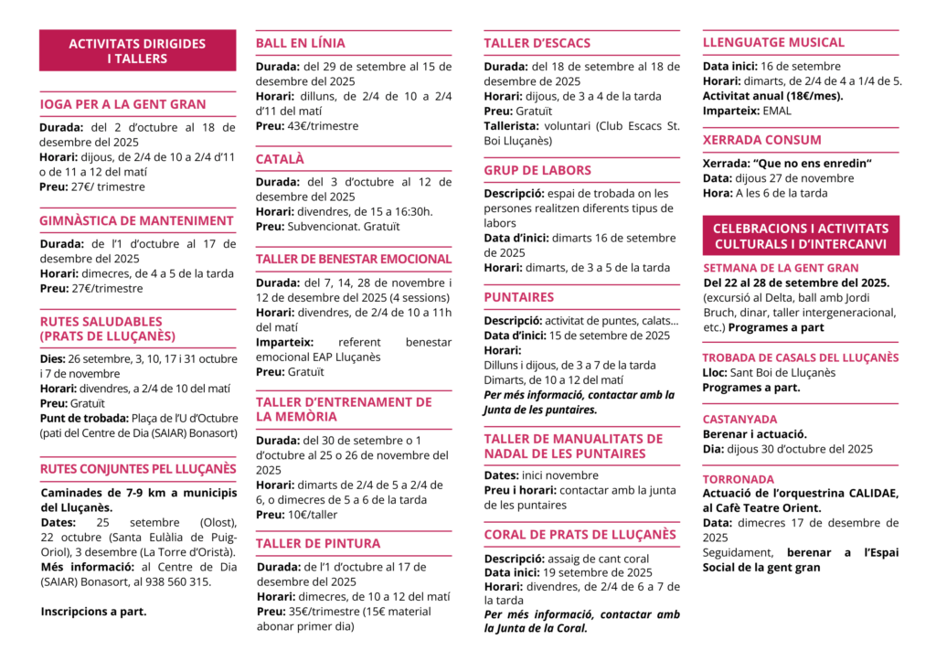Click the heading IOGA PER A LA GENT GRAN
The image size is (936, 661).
coord(122,104)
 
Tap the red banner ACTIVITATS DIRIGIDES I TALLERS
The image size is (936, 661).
coord(137,51)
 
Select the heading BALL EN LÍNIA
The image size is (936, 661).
coord(300,43)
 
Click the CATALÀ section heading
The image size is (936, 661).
coord(280,159)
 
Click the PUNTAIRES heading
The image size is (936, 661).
coord(518,297)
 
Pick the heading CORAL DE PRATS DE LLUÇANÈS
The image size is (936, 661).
coord(580,535)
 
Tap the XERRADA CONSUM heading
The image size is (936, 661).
coord(761,140)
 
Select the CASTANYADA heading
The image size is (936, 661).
coord(739,419)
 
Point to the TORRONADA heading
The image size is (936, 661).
coord(738,479)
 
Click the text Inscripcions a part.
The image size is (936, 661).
coord(93,612)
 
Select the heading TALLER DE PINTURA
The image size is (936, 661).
coord(317,543)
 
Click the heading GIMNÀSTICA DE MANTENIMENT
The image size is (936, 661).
coord(136,220)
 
